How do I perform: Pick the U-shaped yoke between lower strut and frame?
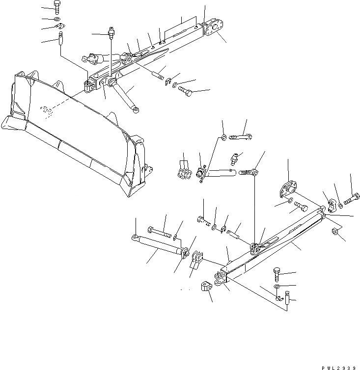point(195,259)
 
